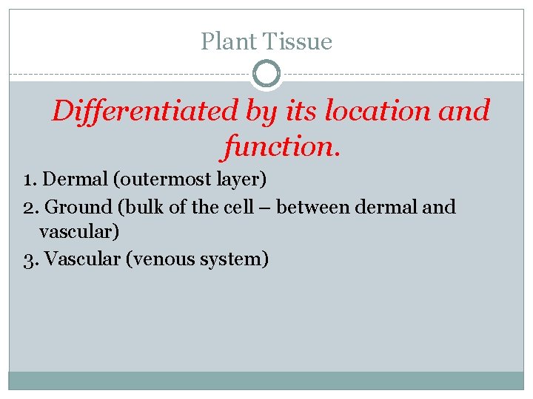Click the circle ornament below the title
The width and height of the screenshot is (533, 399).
click(x=266, y=75)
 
